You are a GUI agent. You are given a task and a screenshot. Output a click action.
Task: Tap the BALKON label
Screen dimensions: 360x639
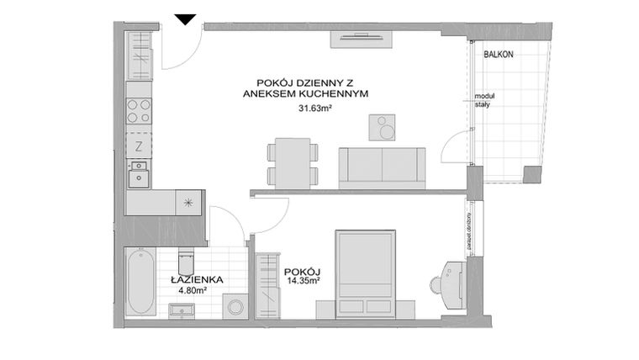(498, 54)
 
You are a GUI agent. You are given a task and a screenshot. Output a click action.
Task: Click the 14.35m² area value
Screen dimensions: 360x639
(304, 281)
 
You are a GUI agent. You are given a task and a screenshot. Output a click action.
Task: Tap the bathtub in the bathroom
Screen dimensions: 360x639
(140, 283)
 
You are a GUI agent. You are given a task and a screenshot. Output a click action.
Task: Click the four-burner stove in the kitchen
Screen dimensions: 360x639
(139, 111)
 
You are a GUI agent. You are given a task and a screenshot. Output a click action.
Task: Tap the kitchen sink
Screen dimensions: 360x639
(139, 174)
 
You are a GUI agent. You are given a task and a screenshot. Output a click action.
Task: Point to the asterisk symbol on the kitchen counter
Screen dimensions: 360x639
(188, 202)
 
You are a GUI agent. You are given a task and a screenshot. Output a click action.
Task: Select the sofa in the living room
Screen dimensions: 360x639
(382, 166)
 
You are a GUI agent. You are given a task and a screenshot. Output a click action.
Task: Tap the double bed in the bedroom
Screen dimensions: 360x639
(366, 274)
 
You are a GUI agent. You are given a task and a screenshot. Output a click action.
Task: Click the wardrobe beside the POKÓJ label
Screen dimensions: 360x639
(268, 283)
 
